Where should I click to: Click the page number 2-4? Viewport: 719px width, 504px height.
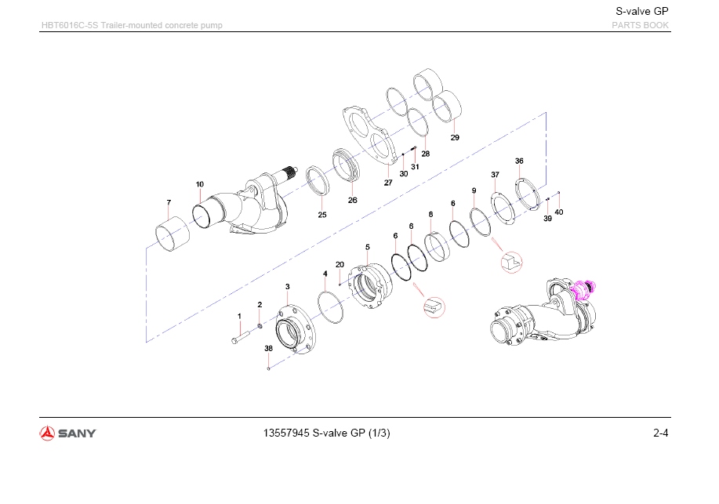click(x=660, y=433)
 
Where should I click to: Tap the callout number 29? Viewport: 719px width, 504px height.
click(x=455, y=138)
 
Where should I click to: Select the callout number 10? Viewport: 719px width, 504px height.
click(x=200, y=184)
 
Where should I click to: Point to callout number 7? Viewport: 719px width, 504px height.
click(x=169, y=203)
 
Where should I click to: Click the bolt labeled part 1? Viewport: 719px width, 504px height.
click(x=239, y=339)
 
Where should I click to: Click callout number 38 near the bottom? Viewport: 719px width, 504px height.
click(x=268, y=348)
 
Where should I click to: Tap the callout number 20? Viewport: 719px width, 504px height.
click(x=340, y=264)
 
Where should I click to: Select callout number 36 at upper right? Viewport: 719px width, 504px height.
click(x=519, y=161)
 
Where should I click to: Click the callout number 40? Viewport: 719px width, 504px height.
click(x=558, y=212)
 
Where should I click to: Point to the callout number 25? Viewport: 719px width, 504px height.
click(x=322, y=214)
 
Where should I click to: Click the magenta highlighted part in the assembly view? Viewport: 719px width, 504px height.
click(x=583, y=290)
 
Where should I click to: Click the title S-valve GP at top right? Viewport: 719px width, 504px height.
click(x=641, y=11)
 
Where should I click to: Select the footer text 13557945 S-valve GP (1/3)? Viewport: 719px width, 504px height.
click(x=329, y=433)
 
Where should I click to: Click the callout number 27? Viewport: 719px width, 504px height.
click(x=388, y=183)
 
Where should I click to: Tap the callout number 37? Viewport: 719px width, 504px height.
click(x=495, y=174)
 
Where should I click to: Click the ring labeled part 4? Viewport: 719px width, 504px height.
click(x=332, y=306)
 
